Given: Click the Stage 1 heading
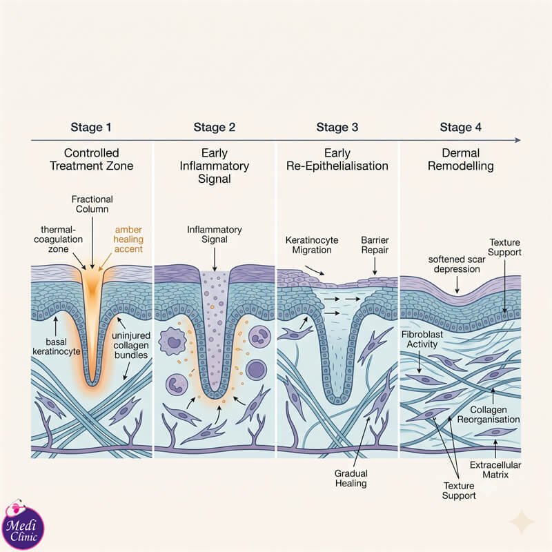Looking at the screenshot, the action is (x=91, y=127).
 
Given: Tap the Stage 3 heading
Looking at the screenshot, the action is (x=337, y=127).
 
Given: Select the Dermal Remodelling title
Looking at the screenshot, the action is (x=460, y=159).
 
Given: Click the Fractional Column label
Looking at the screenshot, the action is (x=92, y=204).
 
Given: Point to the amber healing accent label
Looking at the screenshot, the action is (x=128, y=239).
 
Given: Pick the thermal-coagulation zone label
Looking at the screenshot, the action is (x=58, y=239).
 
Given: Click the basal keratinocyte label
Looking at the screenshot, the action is (x=57, y=346).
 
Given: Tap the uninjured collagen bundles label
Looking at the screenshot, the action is (x=131, y=345).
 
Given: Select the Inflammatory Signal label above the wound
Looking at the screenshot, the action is (x=214, y=234).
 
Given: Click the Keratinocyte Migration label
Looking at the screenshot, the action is (x=312, y=245).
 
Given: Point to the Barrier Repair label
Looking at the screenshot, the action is (x=375, y=245).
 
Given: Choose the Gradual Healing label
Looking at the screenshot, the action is (x=351, y=478).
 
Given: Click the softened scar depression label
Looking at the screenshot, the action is (x=457, y=264).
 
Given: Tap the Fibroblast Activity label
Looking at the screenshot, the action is (x=422, y=339).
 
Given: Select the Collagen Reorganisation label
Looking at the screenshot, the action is (x=489, y=415).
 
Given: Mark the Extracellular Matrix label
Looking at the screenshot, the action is (x=495, y=470).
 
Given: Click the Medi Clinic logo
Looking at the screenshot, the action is (x=23, y=524).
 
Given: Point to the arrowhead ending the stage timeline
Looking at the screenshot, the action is (x=518, y=140).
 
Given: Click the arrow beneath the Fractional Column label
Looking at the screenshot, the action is (x=92, y=243).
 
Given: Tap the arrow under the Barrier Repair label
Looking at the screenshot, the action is (x=375, y=266).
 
